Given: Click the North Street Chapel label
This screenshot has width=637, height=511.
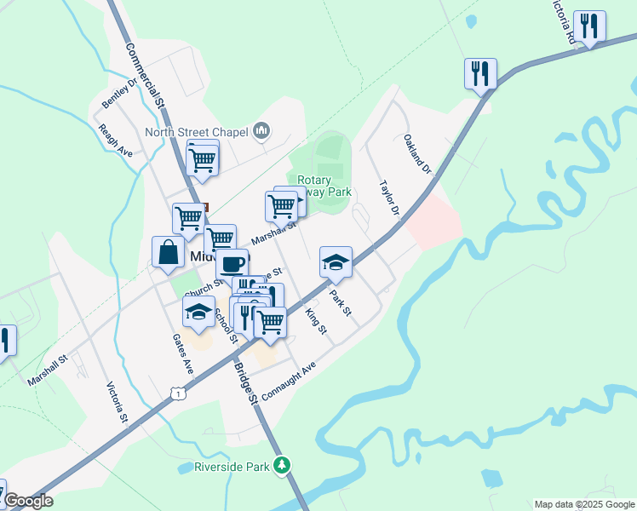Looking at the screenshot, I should (195, 131).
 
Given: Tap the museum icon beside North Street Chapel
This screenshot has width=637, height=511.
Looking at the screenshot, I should (261, 131).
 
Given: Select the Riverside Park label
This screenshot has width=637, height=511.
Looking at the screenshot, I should (232, 466).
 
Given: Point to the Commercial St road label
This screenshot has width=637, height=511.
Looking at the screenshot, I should (145, 75).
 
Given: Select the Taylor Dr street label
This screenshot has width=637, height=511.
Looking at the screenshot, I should (390, 198).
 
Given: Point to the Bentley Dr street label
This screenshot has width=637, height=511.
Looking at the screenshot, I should (119, 93).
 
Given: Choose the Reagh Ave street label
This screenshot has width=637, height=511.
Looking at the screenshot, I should (117, 140).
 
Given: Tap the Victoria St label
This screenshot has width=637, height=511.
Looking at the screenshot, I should (117, 403).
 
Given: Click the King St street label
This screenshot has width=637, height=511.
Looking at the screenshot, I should (315, 321).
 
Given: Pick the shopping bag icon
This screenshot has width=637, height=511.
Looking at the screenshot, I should (168, 252).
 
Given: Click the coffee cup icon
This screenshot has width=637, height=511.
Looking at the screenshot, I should (232, 263).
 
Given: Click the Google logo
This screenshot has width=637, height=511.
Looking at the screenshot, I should (27, 501).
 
